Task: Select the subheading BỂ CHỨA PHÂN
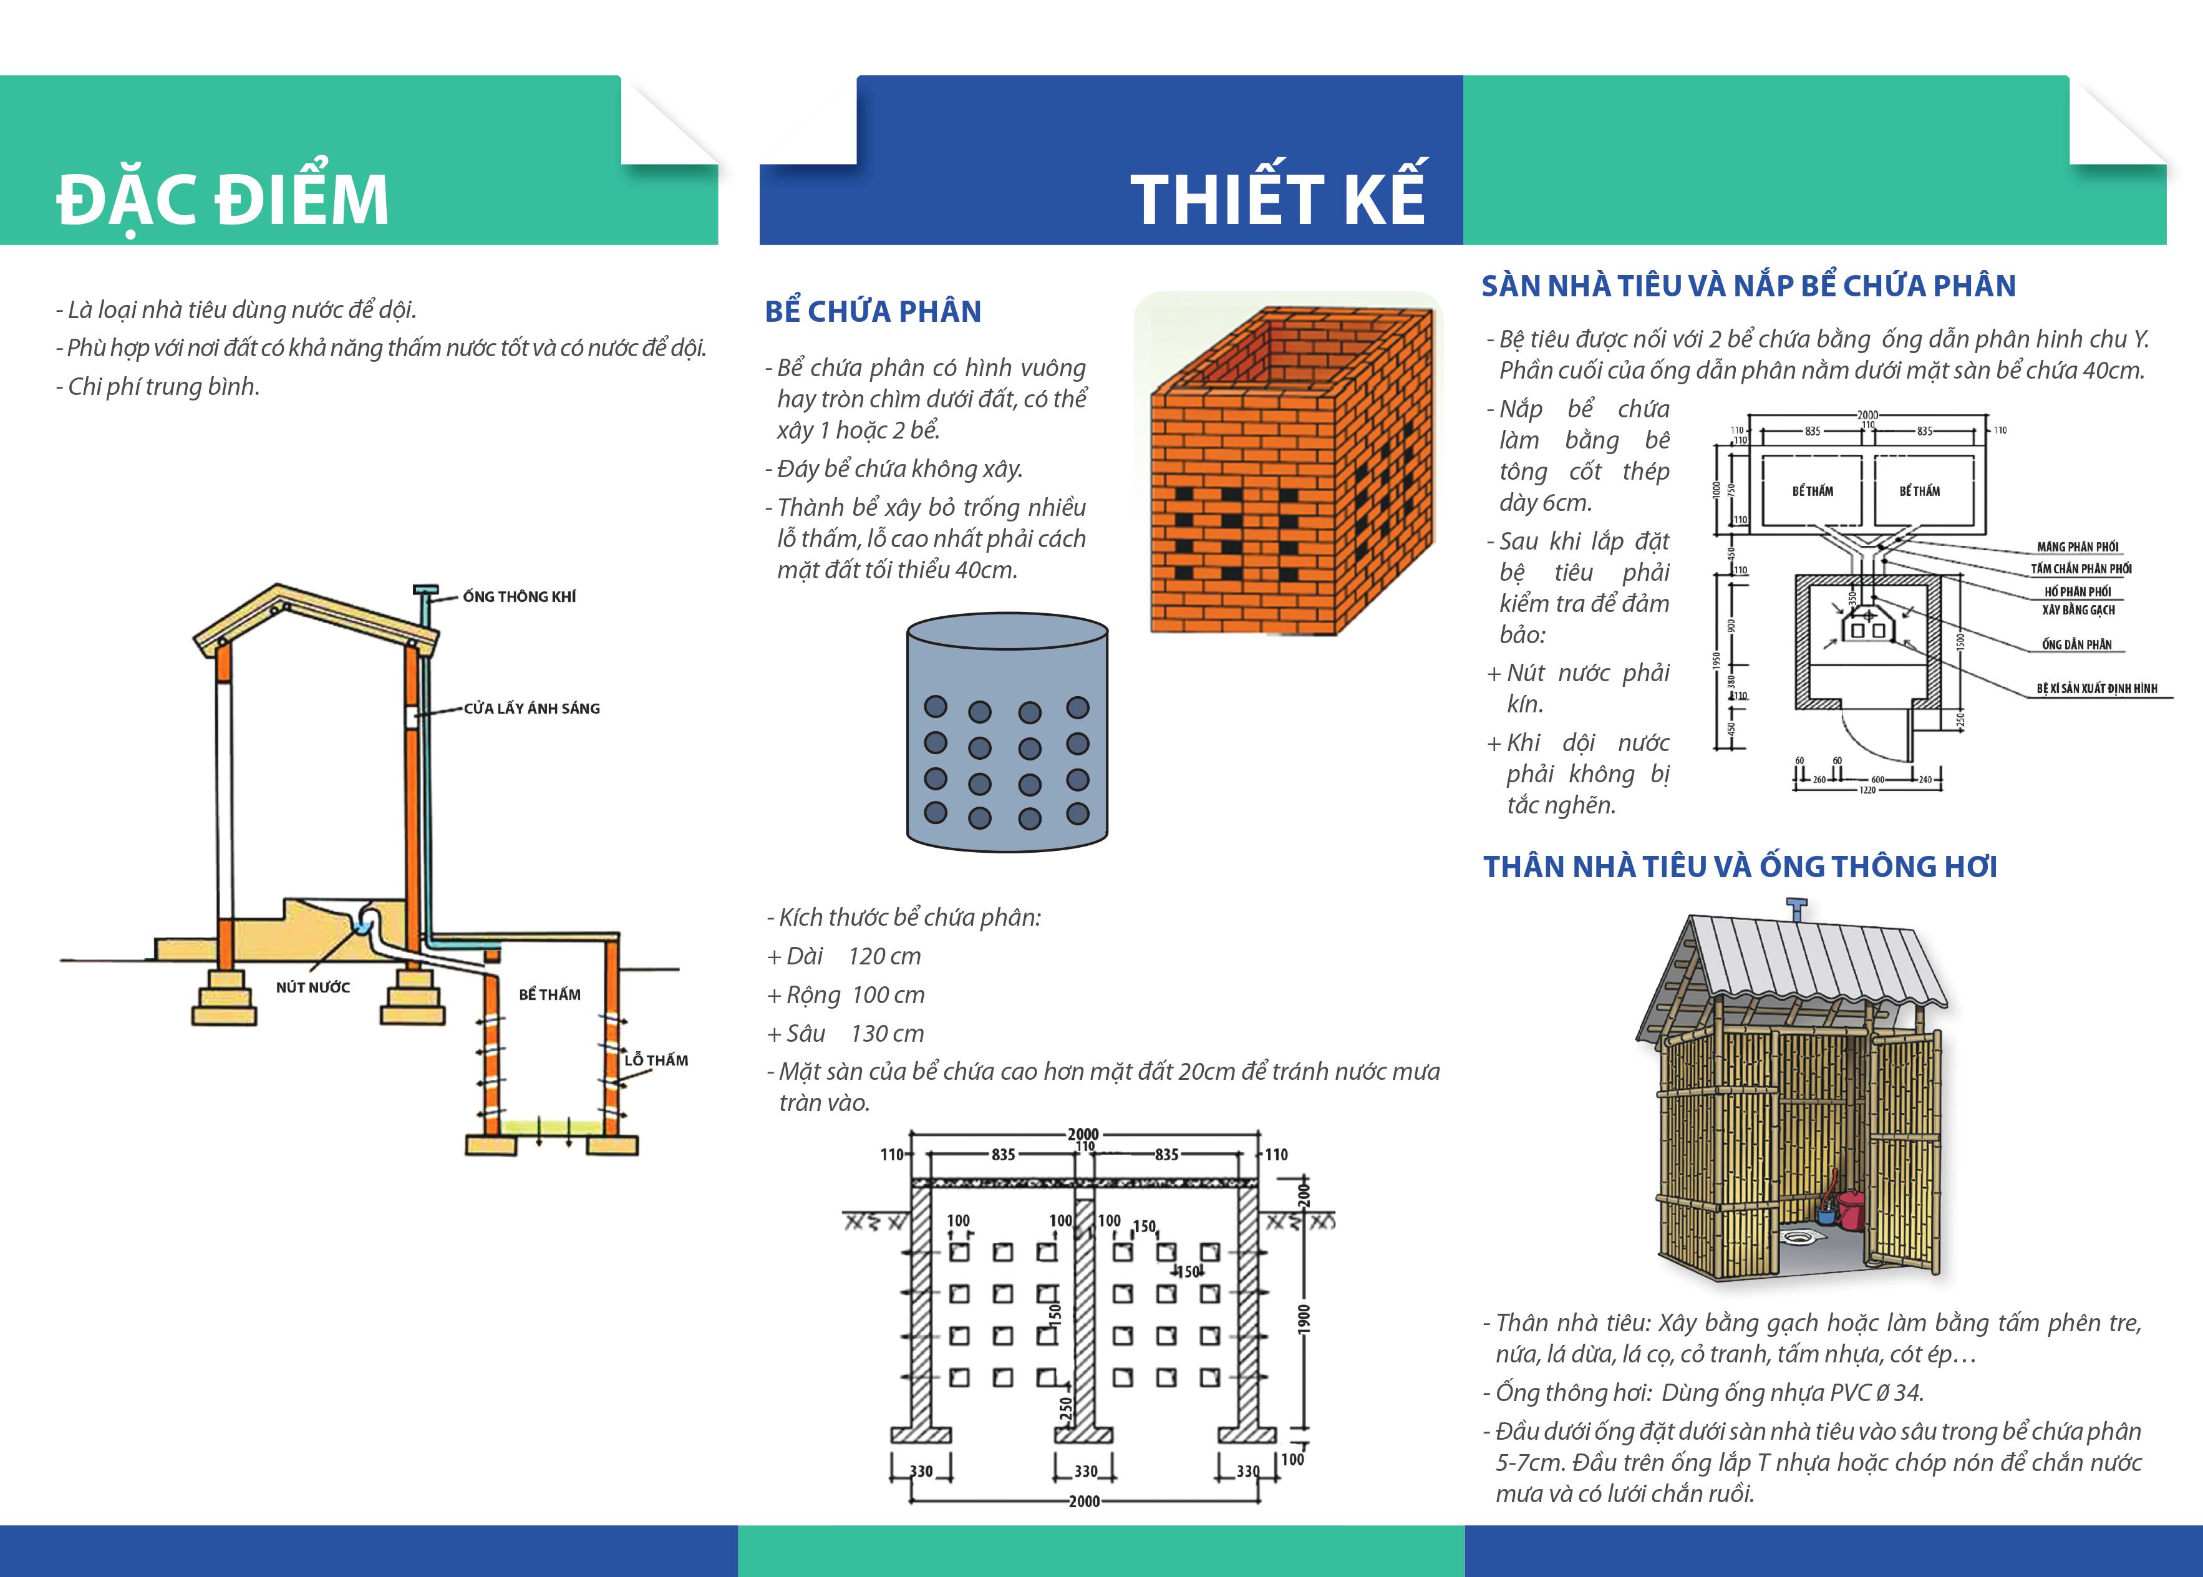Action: (x=873, y=312)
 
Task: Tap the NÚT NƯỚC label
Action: (x=312, y=987)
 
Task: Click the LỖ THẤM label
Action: (x=656, y=1060)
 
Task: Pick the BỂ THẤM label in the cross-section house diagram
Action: (x=550, y=994)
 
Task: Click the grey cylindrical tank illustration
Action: (x=1007, y=733)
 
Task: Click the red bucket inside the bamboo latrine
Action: (x=1851, y=1210)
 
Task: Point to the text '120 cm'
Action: (x=884, y=956)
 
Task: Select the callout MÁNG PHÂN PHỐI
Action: (x=2077, y=546)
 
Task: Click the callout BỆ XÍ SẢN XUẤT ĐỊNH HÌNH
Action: (x=2096, y=689)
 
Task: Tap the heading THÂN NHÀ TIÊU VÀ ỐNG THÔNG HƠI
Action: (x=1739, y=866)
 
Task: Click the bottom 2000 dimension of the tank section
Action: (x=1083, y=1502)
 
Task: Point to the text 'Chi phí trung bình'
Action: (x=162, y=387)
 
